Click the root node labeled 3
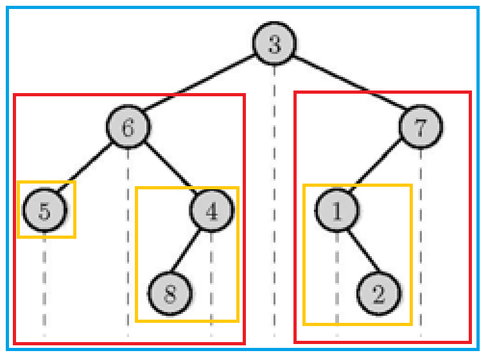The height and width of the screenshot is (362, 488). [x=274, y=46]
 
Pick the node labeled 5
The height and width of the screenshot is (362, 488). [x=45, y=211]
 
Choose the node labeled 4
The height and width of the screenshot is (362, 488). [x=211, y=211]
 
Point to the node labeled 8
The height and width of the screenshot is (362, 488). [x=170, y=294]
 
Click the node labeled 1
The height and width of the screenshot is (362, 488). [x=336, y=211]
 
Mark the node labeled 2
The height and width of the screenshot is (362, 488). [x=378, y=294]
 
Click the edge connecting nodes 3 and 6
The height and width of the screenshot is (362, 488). [x=201, y=87]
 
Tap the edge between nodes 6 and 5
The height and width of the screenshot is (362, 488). [x=87, y=169]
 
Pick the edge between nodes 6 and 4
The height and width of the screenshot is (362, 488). [x=170, y=169]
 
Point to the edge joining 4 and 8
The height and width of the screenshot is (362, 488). [x=191, y=252]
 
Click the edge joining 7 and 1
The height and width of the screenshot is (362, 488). [x=378, y=169]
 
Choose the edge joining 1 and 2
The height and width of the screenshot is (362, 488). [x=358, y=252]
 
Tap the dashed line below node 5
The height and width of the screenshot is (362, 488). [x=45, y=282]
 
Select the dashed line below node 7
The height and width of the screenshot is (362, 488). [x=421, y=244]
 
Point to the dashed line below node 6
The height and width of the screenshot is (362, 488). [x=128, y=244]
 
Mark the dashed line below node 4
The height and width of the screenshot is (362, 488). [x=211, y=282]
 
